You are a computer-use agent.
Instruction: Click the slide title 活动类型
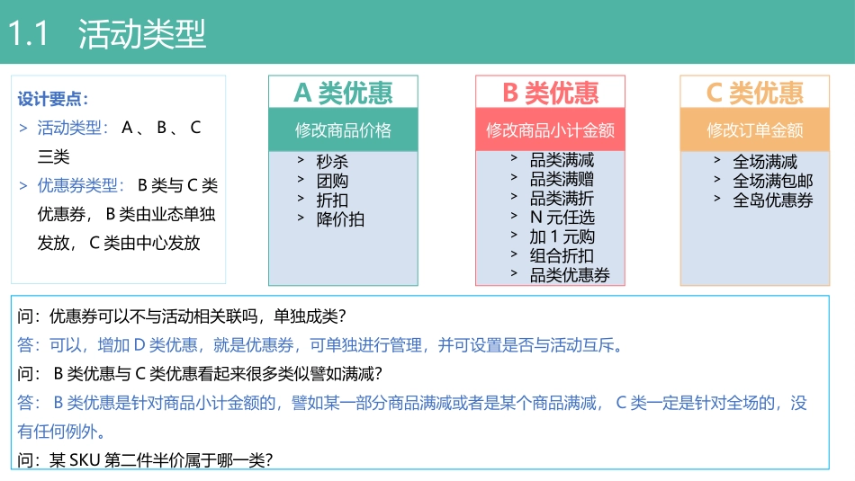(x=142, y=34)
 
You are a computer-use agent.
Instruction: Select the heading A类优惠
(x=343, y=93)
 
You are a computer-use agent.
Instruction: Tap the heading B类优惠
(x=550, y=93)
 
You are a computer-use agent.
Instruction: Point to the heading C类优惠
(x=754, y=93)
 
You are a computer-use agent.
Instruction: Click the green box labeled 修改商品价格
(x=343, y=130)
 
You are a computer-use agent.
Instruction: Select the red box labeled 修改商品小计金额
(x=550, y=130)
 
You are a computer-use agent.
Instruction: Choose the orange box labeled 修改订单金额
(x=754, y=130)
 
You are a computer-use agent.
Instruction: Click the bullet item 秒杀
(x=332, y=162)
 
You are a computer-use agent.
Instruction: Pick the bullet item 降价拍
(x=340, y=218)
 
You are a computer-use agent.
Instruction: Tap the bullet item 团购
(x=332, y=181)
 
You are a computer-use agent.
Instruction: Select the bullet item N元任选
(x=562, y=218)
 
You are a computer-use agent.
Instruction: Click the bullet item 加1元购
(x=562, y=236)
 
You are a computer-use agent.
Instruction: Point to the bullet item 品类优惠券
(x=570, y=275)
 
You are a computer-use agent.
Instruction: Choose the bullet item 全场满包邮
(x=772, y=181)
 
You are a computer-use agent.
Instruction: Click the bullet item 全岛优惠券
(x=772, y=200)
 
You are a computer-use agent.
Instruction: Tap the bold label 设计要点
(x=53, y=99)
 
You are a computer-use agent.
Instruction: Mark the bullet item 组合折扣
(x=562, y=255)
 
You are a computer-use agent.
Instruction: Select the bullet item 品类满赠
(x=562, y=180)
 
